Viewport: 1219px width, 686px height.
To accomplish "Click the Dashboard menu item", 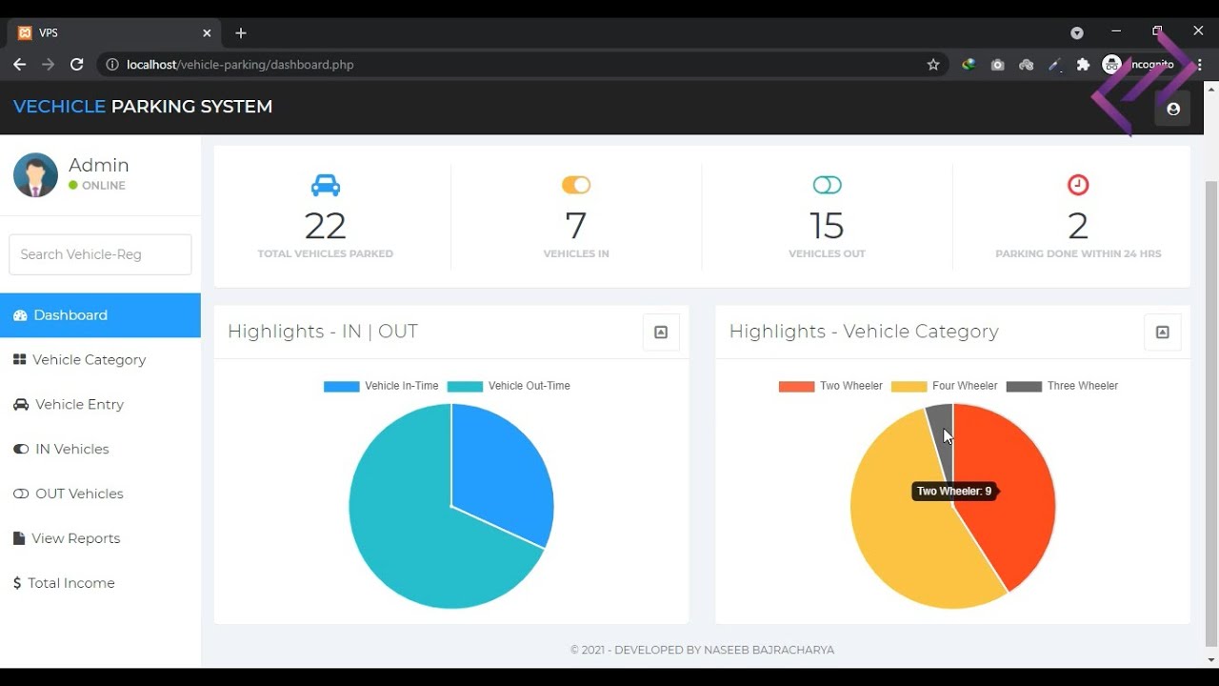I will pos(70,315).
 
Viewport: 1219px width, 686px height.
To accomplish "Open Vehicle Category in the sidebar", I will pos(89,360).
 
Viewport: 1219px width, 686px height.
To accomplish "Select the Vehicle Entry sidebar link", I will pos(79,405).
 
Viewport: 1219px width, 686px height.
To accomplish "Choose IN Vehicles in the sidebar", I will pos(71,450).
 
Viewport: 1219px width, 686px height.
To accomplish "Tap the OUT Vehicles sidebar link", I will pos(79,494).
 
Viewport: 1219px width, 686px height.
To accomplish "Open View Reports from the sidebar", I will pos(75,539).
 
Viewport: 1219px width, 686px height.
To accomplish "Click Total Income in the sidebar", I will pos(70,583).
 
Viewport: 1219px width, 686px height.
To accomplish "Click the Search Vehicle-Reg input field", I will pos(100,254).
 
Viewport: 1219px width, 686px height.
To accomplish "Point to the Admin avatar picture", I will pos(35,175).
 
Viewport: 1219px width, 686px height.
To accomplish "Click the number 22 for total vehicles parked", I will pos(325,227).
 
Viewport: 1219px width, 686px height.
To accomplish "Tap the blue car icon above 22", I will pos(325,185).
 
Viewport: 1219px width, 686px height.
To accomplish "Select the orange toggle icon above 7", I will pos(576,185).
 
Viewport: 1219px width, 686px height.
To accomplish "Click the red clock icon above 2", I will pos(1078,185).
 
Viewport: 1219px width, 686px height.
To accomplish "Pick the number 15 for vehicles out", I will pos(827,227).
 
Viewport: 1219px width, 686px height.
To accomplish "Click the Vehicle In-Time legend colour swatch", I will pos(341,387).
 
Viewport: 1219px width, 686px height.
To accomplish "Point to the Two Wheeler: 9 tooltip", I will pos(953,492).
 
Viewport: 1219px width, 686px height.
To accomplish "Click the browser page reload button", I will pos(77,65).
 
